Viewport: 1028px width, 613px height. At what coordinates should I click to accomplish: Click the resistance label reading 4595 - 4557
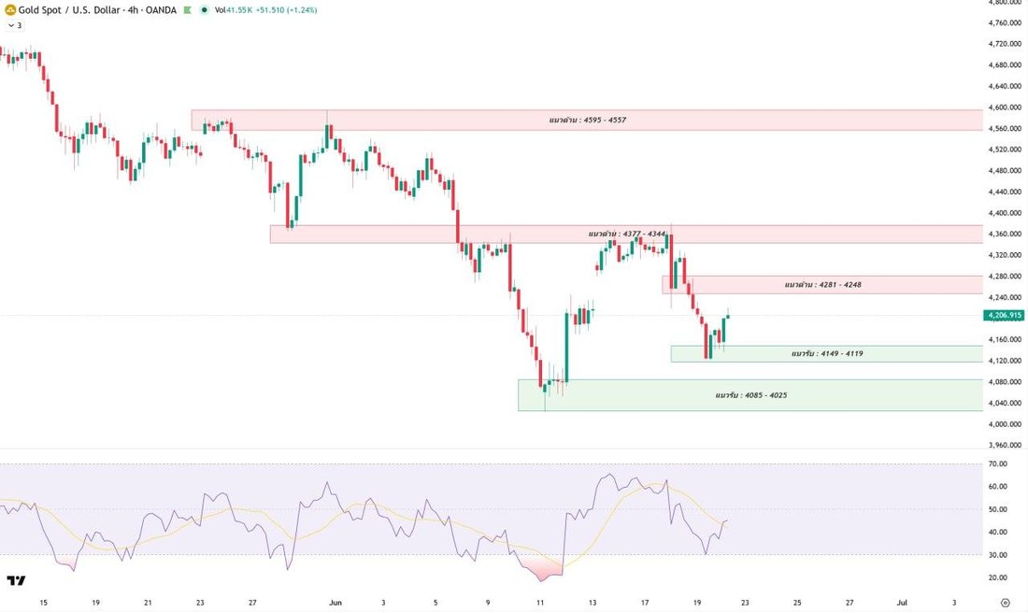588,120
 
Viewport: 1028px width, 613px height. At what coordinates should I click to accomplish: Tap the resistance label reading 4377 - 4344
627,234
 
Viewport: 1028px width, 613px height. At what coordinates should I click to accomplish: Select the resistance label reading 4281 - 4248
822,284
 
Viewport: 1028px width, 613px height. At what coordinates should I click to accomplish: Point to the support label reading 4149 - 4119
827,353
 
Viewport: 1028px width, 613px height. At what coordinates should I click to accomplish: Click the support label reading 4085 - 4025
751,395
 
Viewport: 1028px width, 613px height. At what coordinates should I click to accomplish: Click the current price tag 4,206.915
1004,315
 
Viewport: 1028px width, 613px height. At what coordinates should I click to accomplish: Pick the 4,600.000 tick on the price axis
1005,107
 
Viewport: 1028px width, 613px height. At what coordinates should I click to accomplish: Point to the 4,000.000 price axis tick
1005,423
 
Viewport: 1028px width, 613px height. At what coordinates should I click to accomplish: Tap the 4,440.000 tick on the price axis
1005,192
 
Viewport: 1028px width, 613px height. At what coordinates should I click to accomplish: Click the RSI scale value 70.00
998,463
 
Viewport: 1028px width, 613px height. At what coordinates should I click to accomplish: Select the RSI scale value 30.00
998,555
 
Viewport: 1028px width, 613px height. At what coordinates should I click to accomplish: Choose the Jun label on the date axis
335,603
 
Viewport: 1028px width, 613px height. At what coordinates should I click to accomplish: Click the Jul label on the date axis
902,603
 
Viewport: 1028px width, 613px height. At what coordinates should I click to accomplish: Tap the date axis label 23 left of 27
200,603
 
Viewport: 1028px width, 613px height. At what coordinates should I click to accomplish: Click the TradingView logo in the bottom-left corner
17,580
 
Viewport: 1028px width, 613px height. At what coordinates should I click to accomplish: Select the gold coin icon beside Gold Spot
10,10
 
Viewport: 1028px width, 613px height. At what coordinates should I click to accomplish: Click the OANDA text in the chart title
160,10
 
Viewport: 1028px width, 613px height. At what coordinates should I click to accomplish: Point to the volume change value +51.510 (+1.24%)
286,10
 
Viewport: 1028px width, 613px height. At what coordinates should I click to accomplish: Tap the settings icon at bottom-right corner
1005,603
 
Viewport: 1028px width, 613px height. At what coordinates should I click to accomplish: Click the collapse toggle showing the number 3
14,25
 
